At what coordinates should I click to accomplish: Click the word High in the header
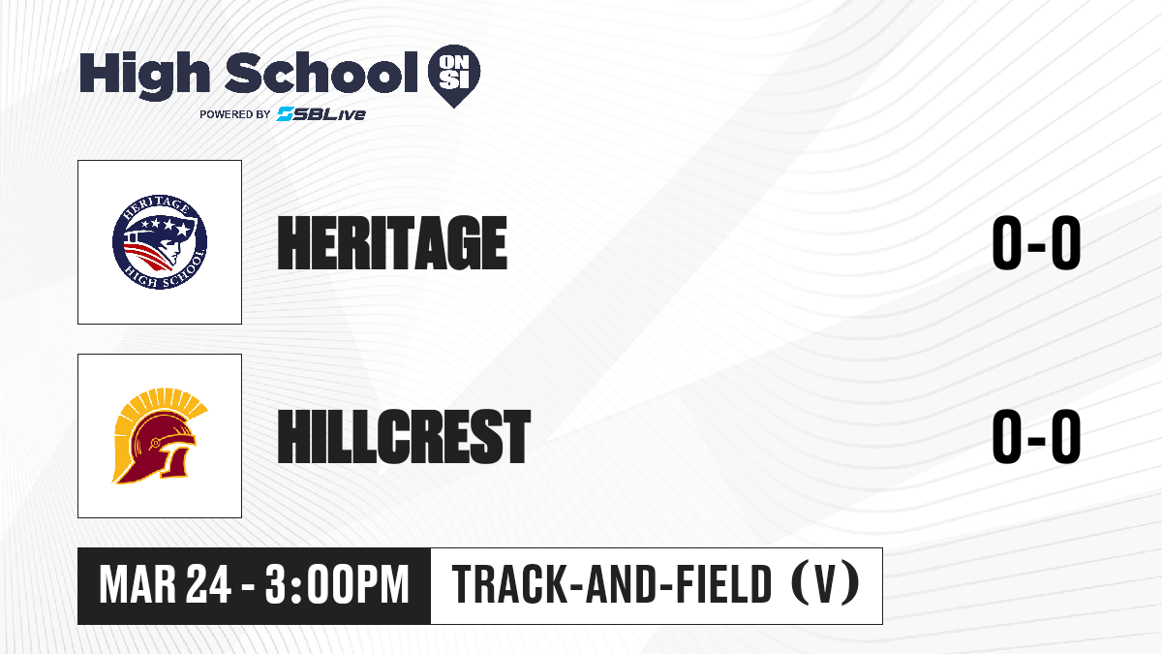[x=144, y=76]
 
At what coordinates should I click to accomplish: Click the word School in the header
[x=321, y=72]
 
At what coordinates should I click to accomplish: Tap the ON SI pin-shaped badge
[x=454, y=76]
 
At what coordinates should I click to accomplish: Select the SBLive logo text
[x=321, y=113]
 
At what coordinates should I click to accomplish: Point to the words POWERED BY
[x=235, y=114]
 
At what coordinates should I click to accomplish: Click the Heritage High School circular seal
[x=160, y=242]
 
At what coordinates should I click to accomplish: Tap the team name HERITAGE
[x=392, y=243]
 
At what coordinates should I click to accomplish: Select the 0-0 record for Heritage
[x=1036, y=243]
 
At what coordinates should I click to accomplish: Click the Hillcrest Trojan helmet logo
[x=160, y=436]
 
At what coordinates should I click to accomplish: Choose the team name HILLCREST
[x=404, y=436]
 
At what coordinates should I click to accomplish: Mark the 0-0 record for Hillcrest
[x=1036, y=436]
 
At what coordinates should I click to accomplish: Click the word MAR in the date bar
[x=138, y=585]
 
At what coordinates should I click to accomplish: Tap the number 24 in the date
[x=208, y=585]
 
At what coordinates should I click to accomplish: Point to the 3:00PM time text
[x=337, y=585]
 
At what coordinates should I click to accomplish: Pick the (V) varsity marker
[x=825, y=583]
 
